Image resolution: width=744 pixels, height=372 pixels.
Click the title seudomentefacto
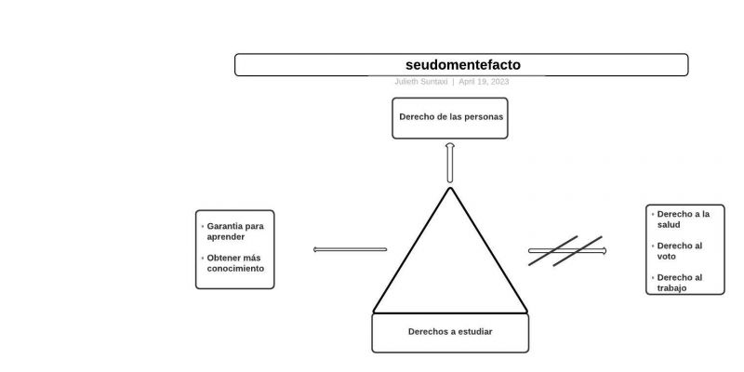pyautogui.click(x=462, y=65)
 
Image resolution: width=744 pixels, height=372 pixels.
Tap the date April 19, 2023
pyautogui.click(x=484, y=82)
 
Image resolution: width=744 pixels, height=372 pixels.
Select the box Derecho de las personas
pyautogui.click(x=450, y=118)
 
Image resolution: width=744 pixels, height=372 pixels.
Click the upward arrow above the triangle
pyautogui.click(x=450, y=163)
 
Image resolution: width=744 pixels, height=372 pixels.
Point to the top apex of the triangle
pyautogui.click(x=450, y=189)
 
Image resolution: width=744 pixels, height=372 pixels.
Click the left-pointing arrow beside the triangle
pyautogui.click(x=350, y=249)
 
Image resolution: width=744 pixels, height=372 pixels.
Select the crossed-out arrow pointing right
pyautogui.click(x=566, y=251)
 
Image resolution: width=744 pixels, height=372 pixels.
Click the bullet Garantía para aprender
pyautogui.click(x=234, y=231)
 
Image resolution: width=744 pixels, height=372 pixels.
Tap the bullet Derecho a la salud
pyautogui.click(x=683, y=219)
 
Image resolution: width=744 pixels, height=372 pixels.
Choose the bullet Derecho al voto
pyautogui.click(x=679, y=251)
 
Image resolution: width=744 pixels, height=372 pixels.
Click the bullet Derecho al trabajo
pyautogui.click(x=679, y=283)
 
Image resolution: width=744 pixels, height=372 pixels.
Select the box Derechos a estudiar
pyautogui.click(x=450, y=332)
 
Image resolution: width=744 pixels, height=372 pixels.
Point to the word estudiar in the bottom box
pyautogui.click(x=472, y=332)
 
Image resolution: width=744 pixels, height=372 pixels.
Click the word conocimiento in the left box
pyautogui.click(x=235, y=268)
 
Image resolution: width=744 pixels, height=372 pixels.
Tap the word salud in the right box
pyautogui.click(x=669, y=225)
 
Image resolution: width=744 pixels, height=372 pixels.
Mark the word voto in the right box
pyautogui.click(x=667, y=257)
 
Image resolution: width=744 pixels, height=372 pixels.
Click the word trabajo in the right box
pyautogui.click(x=671, y=288)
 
